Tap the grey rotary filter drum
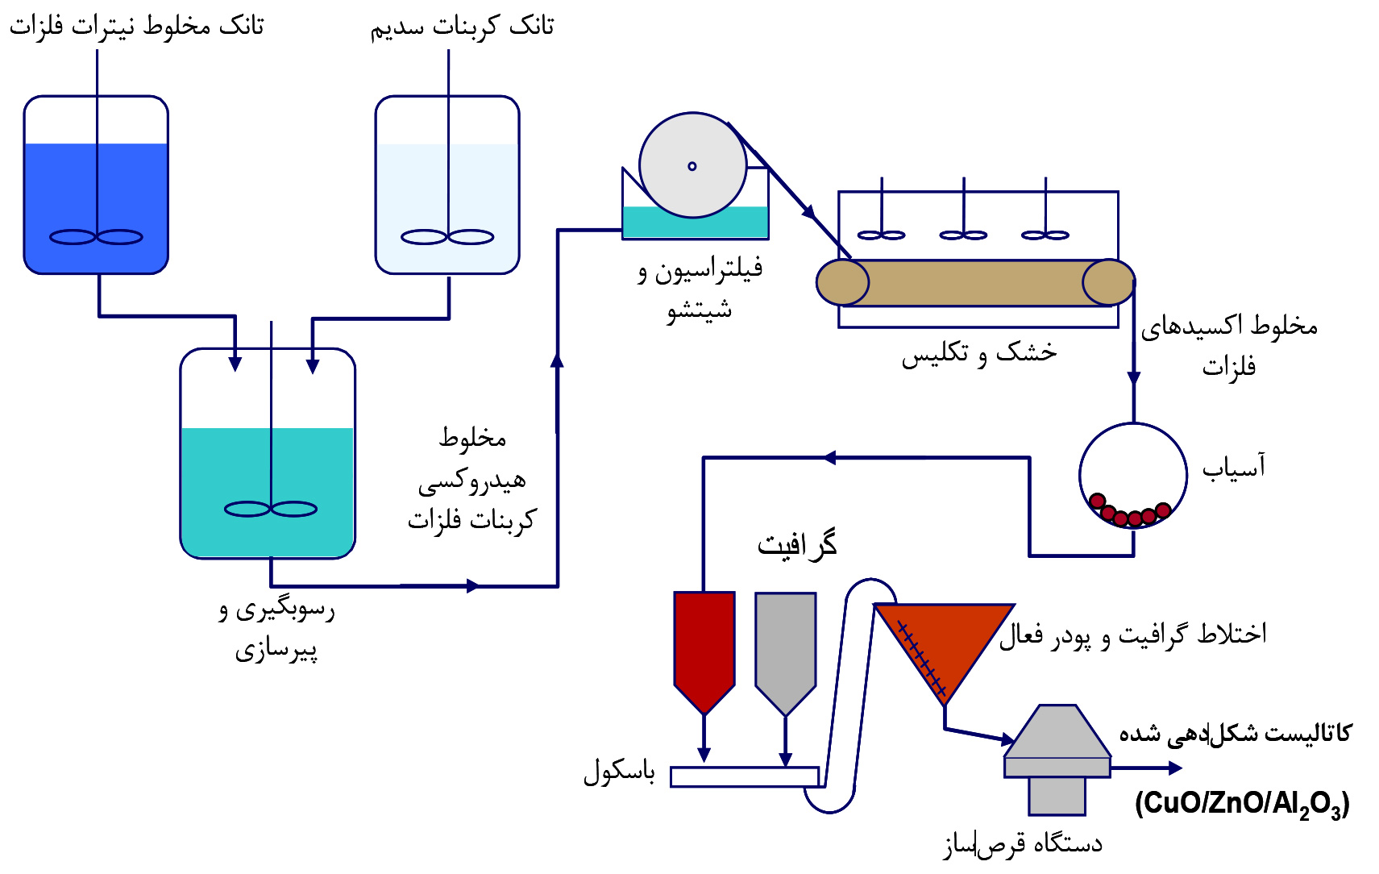click(x=692, y=165)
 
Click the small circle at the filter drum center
click(x=692, y=166)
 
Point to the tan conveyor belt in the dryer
click(x=975, y=282)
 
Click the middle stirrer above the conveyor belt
click(x=963, y=235)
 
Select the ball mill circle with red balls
click(x=1132, y=476)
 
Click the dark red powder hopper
click(x=704, y=645)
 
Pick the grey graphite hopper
click(x=785, y=645)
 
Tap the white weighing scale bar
click(x=744, y=776)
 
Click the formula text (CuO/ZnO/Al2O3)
click(x=1241, y=804)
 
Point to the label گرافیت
click(x=796, y=545)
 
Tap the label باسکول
click(x=619, y=772)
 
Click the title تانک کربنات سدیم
click(x=462, y=27)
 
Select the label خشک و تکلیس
click(x=978, y=353)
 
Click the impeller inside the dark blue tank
click(x=96, y=237)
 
